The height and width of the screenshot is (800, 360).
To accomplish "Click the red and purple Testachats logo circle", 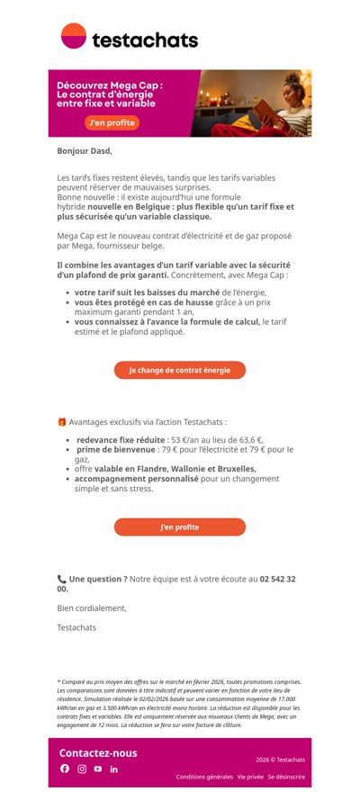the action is (73, 36).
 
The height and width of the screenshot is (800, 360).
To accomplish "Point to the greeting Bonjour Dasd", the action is (85, 151).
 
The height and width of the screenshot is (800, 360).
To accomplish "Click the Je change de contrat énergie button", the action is (179, 370).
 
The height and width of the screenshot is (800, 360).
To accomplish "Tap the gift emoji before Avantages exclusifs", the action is (61, 421).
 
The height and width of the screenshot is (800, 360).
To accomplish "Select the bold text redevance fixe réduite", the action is (114, 439).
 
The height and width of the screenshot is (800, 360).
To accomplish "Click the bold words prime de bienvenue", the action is (115, 449).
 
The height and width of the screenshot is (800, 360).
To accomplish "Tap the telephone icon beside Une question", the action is (61, 580).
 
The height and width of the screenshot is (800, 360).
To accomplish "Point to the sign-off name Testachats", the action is (76, 627).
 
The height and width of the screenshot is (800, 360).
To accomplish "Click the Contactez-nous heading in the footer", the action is (98, 752).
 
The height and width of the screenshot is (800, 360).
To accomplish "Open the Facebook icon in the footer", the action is (65, 769).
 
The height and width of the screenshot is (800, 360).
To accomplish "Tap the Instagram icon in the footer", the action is (82, 769).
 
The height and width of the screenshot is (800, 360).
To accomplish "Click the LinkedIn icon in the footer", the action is (114, 769).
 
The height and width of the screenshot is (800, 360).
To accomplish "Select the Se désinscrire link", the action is (286, 777).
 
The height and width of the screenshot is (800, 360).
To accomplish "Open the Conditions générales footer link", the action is (204, 777).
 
